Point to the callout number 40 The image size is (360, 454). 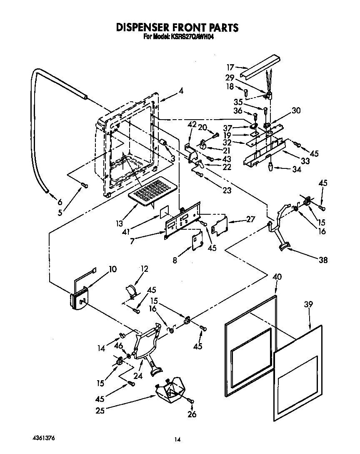point(277,276)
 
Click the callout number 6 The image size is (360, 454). point(60,202)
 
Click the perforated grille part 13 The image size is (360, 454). point(152,192)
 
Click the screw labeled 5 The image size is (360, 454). point(85,186)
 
